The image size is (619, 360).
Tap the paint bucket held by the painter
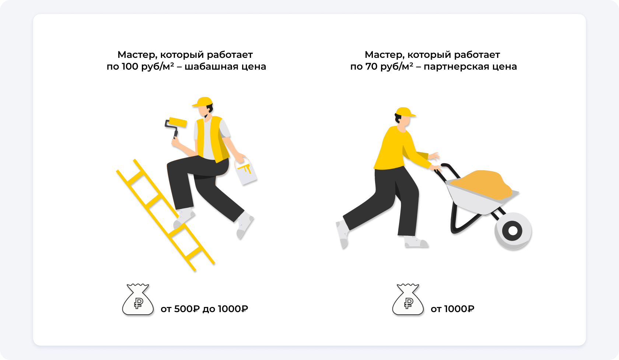point(246,171)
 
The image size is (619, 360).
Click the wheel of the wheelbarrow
point(513,231)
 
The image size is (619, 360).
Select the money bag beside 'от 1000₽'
point(408,300)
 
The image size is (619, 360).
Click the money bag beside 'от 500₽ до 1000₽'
point(138,300)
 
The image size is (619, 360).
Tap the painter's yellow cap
point(203,102)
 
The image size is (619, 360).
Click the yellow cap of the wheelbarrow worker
point(405,112)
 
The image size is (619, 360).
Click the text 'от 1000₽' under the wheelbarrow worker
point(452,309)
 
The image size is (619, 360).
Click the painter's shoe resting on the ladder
point(184,217)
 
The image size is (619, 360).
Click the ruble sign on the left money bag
point(138,303)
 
